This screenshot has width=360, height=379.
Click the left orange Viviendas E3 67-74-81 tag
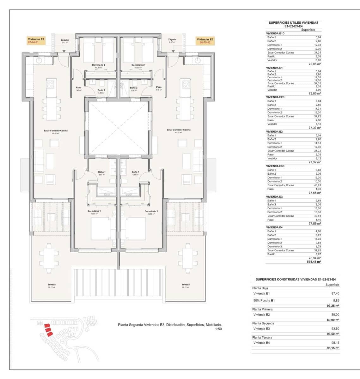36,41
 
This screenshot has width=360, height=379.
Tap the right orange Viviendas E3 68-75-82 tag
205,41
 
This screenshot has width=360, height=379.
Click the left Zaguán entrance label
64,41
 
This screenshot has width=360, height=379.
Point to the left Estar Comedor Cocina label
56,131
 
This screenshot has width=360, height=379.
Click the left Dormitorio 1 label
94,212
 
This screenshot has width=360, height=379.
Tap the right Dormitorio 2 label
138,65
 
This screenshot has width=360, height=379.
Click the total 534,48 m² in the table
314,262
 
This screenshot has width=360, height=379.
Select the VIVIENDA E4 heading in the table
274,227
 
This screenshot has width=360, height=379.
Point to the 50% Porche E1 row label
264,301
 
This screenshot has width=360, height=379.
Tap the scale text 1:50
218,329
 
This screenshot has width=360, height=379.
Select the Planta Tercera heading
262,337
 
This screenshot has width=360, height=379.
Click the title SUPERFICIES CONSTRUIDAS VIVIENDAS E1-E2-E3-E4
296,280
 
